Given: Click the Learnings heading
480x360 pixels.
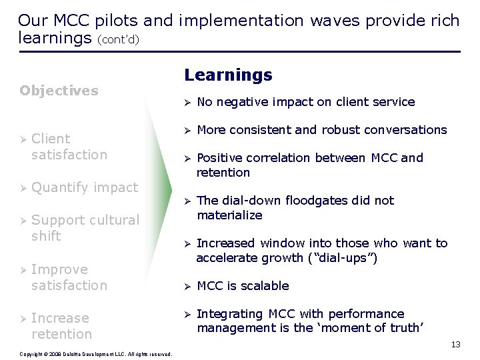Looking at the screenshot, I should coord(228,75).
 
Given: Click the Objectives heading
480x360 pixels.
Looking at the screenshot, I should coord(59,91).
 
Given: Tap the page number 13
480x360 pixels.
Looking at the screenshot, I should coord(455,345).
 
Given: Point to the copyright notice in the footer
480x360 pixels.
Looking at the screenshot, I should coord(96,354).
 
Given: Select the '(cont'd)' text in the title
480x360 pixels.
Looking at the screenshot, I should coord(118,39).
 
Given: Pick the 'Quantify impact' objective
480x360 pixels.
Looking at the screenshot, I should coord(84,187).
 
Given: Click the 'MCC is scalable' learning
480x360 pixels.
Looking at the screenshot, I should coord(243,286).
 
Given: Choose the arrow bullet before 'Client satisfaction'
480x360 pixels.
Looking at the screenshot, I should coord(23,139).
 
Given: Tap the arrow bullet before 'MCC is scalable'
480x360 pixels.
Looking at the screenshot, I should coord(188,287).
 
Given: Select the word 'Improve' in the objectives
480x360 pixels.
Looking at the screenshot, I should coord(59,269).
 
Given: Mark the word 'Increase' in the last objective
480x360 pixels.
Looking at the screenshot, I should coord(60,318).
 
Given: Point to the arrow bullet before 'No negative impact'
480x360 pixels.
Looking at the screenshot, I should coord(188,103).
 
